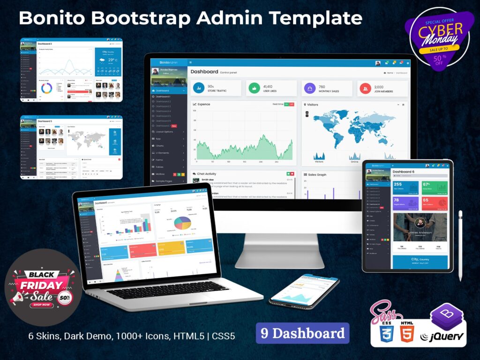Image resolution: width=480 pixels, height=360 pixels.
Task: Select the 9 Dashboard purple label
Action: [302, 333]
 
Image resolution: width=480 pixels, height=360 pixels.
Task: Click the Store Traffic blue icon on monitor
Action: [199, 88]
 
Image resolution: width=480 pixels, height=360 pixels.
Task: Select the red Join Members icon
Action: [364, 88]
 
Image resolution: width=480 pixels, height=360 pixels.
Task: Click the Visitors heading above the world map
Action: [312, 105]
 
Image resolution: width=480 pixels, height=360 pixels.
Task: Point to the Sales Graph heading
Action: [318, 174]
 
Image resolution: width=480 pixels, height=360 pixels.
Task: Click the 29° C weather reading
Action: [112, 60]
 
